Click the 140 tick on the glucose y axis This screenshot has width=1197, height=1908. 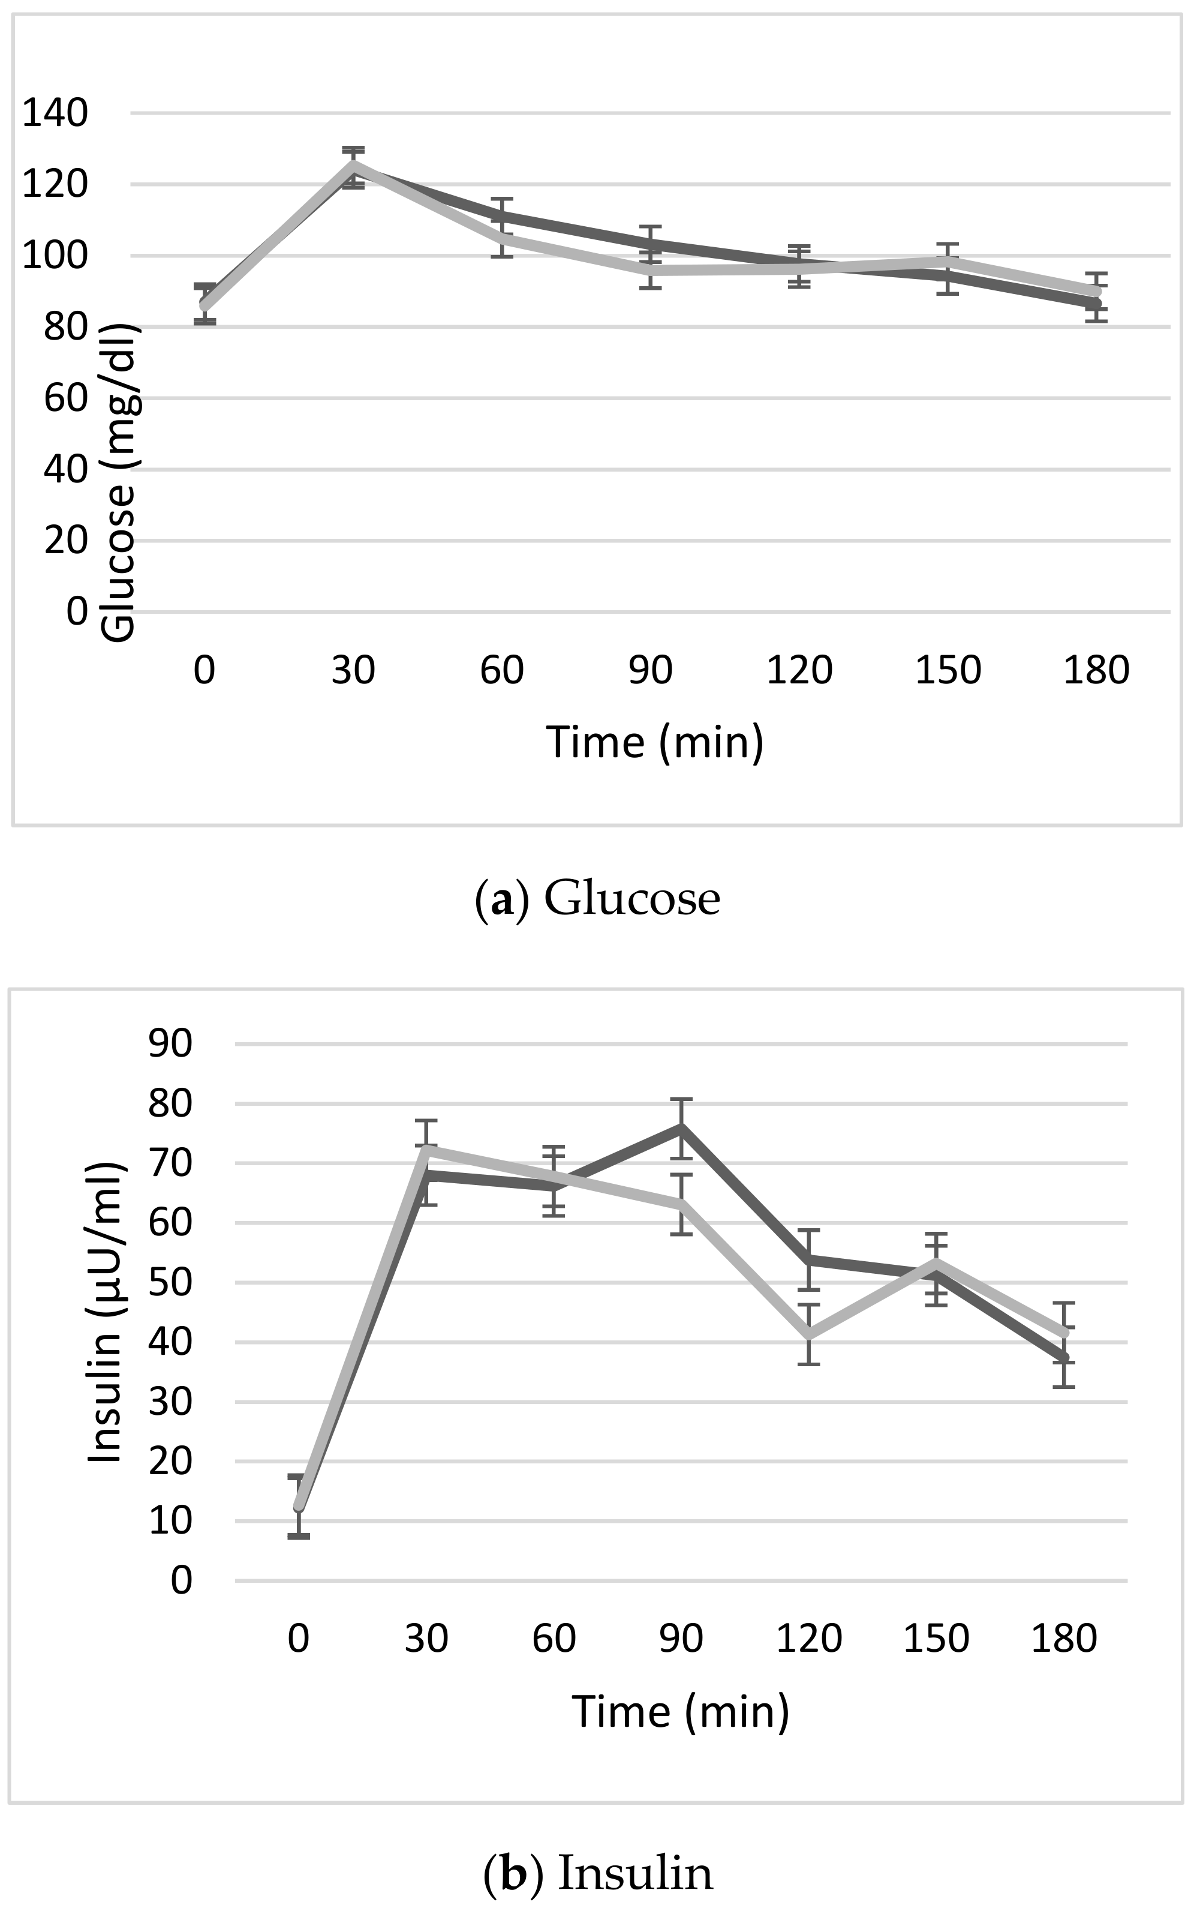tap(54, 113)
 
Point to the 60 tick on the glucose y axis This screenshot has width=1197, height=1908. tap(65, 398)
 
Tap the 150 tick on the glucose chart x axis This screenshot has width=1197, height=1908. tap(948, 670)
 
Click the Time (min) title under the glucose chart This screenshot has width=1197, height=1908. tap(655, 742)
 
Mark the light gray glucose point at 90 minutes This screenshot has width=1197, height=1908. tap(651, 270)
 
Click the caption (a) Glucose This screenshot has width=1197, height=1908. tap(598, 899)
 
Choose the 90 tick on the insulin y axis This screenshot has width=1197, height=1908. tap(170, 1044)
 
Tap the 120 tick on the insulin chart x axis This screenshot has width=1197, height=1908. tap(808, 1638)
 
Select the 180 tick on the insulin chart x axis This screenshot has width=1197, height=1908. tap(1063, 1638)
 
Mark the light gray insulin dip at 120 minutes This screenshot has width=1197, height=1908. tap(808, 1334)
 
